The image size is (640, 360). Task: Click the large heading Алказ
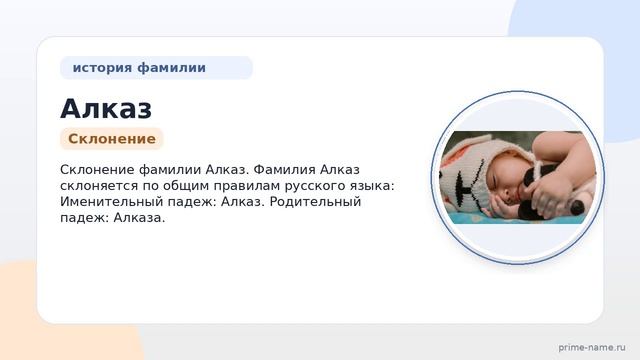pyautogui.click(x=106, y=109)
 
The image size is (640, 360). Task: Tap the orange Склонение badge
pyautogui.click(x=112, y=139)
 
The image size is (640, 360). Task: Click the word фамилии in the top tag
pyautogui.click(x=171, y=68)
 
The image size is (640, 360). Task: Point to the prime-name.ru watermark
pyautogui.click(x=592, y=347)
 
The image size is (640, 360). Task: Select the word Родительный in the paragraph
pyautogui.click(x=315, y=202)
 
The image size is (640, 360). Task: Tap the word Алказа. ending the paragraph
pyautogui.click(x=139, y=218)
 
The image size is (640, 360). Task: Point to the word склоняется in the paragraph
pyautogui.click(x=99, y=186)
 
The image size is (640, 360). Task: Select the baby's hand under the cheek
pyautogui.click(x=500, y=206)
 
